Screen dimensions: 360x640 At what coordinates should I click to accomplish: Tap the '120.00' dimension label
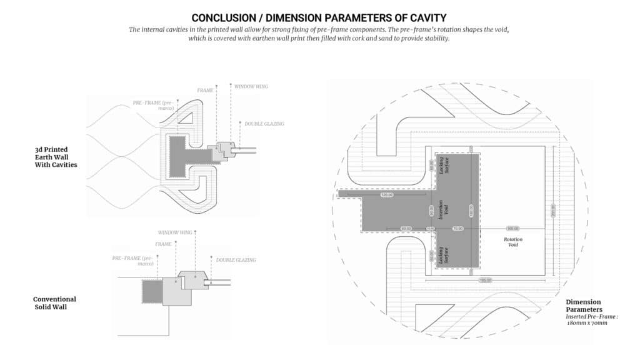(386, 195)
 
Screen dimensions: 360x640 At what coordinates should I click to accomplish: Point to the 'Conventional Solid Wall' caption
(54, 303)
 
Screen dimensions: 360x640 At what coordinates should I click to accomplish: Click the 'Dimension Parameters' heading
(585, 306)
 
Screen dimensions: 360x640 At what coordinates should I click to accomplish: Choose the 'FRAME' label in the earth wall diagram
(206, 90)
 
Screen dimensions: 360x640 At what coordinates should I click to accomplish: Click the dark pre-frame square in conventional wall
(152, 291)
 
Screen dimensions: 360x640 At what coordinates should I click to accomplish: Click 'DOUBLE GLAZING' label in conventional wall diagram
(236, 259)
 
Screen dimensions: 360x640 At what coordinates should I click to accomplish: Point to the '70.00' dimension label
(457, 229)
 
